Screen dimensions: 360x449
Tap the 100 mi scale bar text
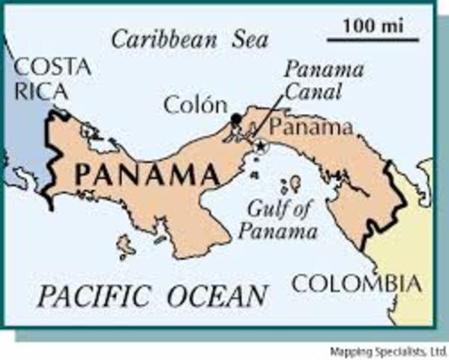[372, 25]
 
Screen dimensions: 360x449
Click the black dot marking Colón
[236, 118]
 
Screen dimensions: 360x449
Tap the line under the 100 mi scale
[372, 35]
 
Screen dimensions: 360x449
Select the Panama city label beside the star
[311, 125]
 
